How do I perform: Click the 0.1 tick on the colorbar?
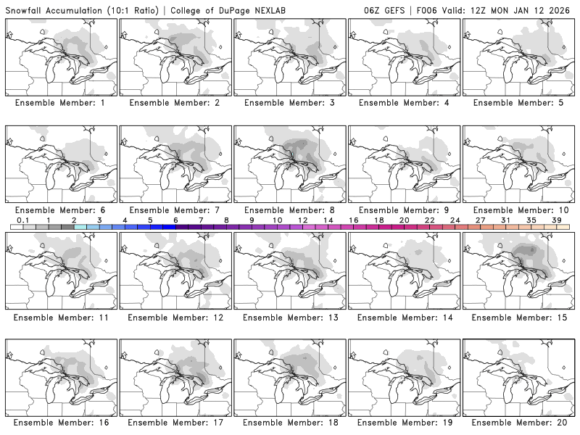[22, 220]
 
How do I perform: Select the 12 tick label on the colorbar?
[302, 220]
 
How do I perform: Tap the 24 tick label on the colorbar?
[455, 220]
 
